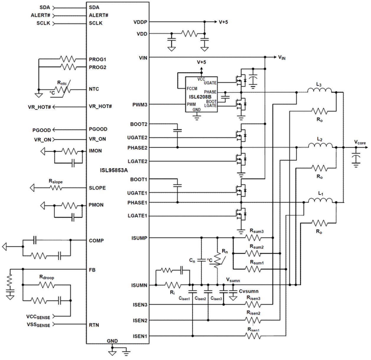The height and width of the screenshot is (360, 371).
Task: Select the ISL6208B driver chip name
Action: tap(200, 97)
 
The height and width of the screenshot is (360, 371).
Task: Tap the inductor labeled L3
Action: tap(319, 91)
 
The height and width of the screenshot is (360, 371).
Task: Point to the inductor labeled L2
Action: tap(320, 145)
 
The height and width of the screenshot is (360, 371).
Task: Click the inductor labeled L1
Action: tap(320, 200)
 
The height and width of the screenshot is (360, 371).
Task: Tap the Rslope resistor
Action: tap(56, 188)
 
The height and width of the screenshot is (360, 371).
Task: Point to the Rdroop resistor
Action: tap(46, 285)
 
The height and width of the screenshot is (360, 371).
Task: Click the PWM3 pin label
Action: tap(140, 104)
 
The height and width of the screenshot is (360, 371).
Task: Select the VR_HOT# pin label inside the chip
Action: tap(100, 106)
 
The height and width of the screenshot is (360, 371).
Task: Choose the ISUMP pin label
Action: tap(139, 238)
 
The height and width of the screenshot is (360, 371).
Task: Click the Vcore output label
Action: tap(360, 143)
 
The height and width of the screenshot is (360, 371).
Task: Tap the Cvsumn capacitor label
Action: tap(249, 291)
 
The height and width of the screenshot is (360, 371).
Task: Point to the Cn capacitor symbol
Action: tap(201, 260)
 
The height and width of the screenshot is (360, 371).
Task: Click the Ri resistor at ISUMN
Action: tap(173, 285)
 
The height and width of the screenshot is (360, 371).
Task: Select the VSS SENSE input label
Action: tap(38, 325)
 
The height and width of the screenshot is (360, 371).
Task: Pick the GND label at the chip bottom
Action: tap(112, 341)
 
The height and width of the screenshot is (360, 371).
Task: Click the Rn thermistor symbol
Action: tap(218, 260)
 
